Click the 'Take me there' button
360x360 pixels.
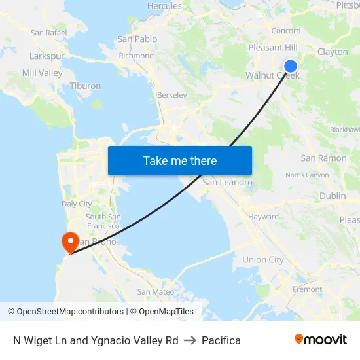[180, 160]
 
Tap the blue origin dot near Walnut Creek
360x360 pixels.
[291, 65]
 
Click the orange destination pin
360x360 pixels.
[69, 242]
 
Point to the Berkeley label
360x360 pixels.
[171, 95]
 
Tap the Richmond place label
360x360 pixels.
[136, 56]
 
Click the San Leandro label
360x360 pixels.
[227, 182]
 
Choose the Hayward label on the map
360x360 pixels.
[263, 217]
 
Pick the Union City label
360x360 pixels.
[263, 260]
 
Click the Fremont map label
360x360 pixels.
[307, 289]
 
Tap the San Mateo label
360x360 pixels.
[156, 292]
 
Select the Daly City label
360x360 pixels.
[77, 204]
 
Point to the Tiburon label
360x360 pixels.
[86, 86]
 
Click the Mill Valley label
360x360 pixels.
[42, 73]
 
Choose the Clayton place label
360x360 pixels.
[333, 52]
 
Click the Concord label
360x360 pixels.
[285, 31]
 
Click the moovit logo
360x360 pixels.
[320, 340]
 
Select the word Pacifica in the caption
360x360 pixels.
[221, 340]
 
